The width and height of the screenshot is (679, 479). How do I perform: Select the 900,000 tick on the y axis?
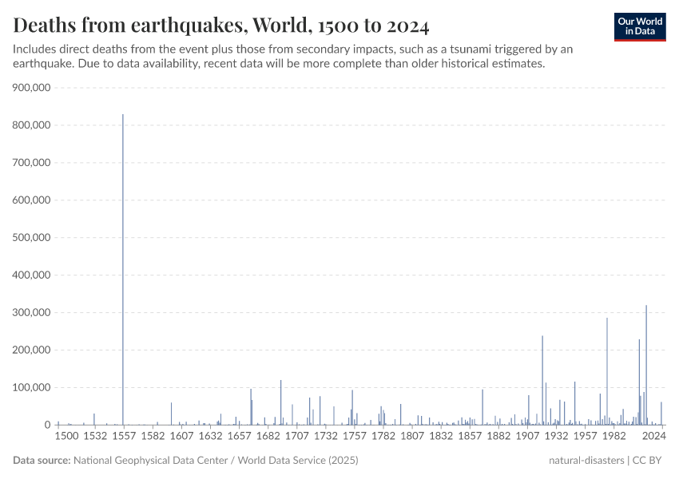[32, 88]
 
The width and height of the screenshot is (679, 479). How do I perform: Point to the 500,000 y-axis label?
[32, 238]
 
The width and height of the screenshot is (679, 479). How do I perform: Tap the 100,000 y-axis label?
[32, 387]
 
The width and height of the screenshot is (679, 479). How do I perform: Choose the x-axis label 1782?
[383, 437]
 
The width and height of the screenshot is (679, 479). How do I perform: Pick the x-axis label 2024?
[654, 437]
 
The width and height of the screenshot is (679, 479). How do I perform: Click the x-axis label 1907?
[527, 437]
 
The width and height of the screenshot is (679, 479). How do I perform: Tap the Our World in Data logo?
[640, 26]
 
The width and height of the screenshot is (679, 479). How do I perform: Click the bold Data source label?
[42, 461]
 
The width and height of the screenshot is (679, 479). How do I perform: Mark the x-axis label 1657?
[239, 437]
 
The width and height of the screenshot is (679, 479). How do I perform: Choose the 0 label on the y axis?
[47, 425]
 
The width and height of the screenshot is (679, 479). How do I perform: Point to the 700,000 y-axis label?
[32, 163]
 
